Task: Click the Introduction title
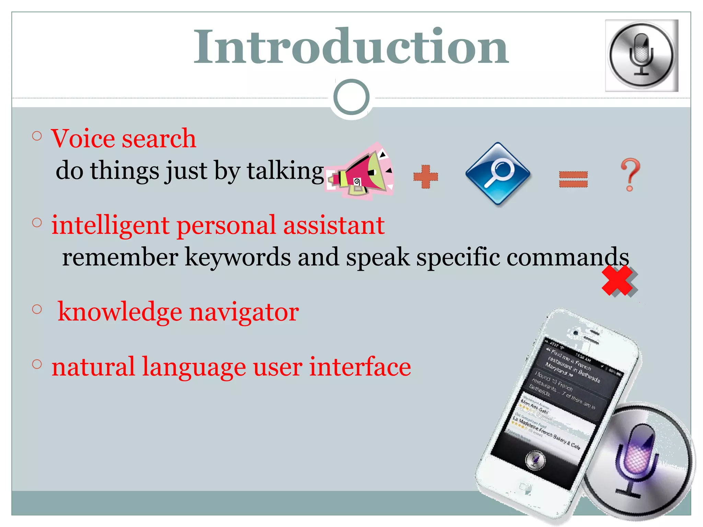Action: [x=351, y=47]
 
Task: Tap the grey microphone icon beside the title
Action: [x=641, y=56]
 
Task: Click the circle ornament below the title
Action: [x=351, y=97]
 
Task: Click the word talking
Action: [x=285, y=171]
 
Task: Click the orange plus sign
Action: [x=426, y=177]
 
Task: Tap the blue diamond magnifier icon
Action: [x=498, y=174]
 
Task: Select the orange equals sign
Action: [x=573, y=179]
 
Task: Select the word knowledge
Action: [x=120, y=312]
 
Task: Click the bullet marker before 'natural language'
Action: [x=37, y=364]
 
